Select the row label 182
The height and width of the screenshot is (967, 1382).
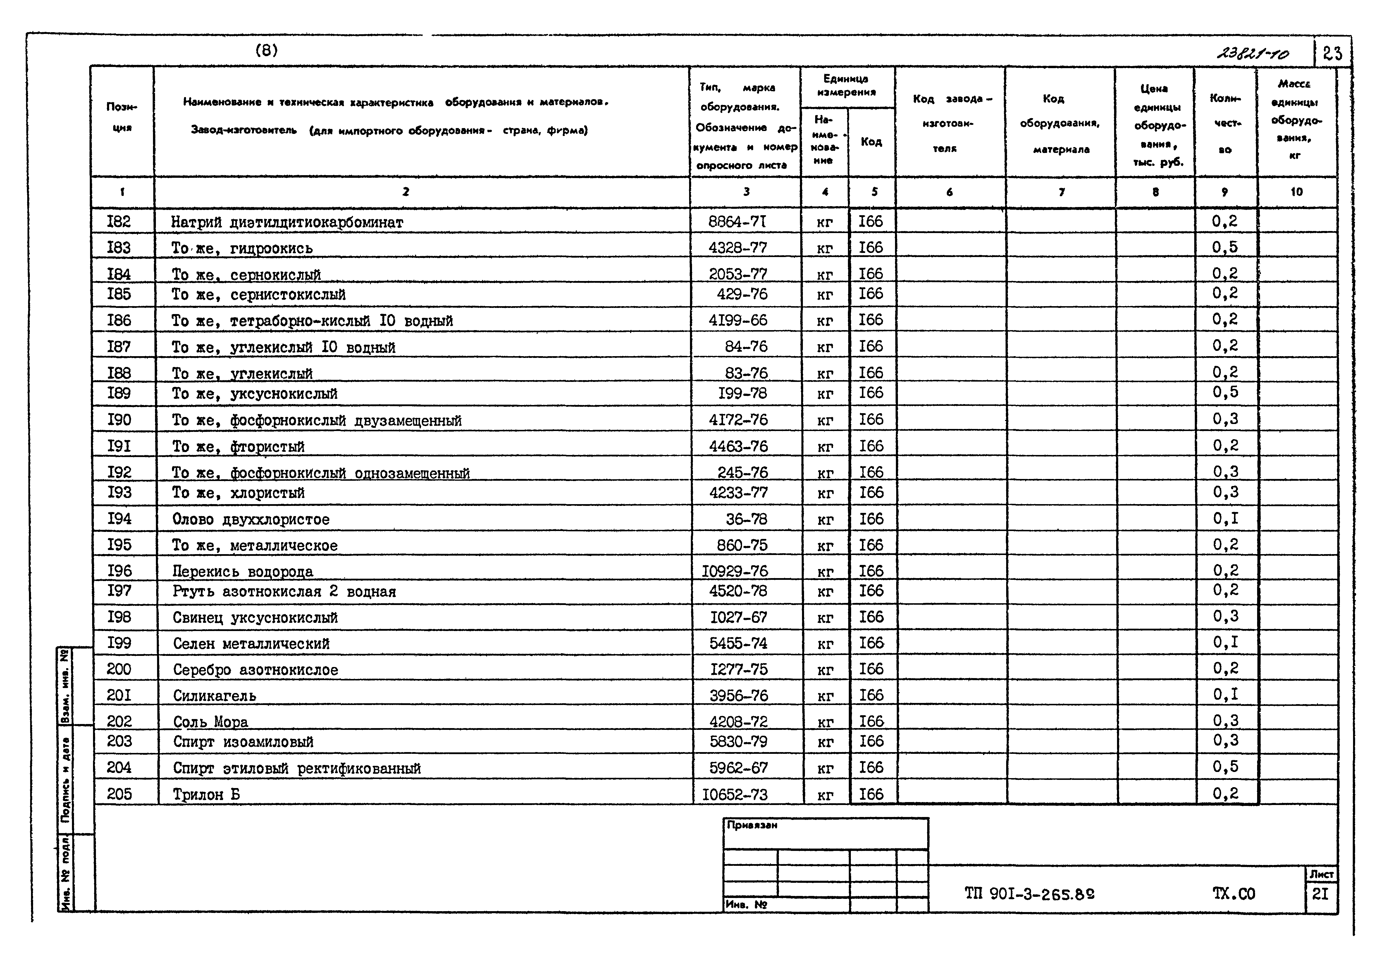(118, 221)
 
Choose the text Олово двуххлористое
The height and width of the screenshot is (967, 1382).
(251, 519)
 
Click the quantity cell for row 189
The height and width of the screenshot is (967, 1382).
(1225, 392)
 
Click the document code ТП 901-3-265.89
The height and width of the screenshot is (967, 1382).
(1029, 894)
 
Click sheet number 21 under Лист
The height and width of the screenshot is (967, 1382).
(1320, 894)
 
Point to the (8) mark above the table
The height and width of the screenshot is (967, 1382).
(267, 51)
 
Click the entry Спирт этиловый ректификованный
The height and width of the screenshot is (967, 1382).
(297, 768)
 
